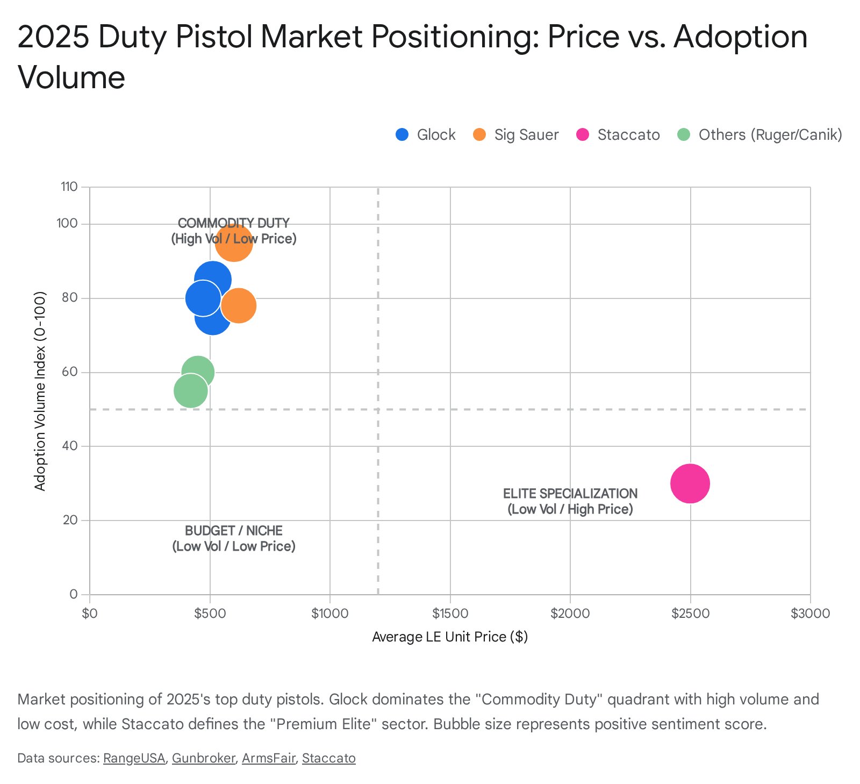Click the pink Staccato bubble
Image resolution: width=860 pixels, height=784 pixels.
click(x=690, y=483)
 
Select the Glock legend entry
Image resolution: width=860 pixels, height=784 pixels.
click(x=426, y=134)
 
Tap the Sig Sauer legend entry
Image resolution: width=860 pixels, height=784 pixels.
click(x=516, y=134)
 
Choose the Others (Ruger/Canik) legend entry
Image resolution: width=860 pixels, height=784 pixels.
click(x=759, y=134)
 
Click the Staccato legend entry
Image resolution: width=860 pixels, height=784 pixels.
click(x=618, y=134)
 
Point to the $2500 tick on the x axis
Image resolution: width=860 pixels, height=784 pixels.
click(x=690, y=614)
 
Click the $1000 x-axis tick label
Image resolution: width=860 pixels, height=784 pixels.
click(x=329, y=614)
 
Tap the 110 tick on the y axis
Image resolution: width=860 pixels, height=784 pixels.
click(x=69, y=187)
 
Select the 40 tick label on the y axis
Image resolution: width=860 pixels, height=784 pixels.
click(x=71, y=446)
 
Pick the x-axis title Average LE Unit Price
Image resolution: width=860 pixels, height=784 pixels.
click(x=450, y=637)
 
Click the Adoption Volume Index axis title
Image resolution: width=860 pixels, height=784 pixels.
click(x=40, y=391)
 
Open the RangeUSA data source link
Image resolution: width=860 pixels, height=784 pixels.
click(x=134, y=758)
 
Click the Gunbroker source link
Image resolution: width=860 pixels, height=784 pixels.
click(x=203, y=758)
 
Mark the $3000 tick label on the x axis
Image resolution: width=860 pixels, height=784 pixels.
click(x=810, y=614)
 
